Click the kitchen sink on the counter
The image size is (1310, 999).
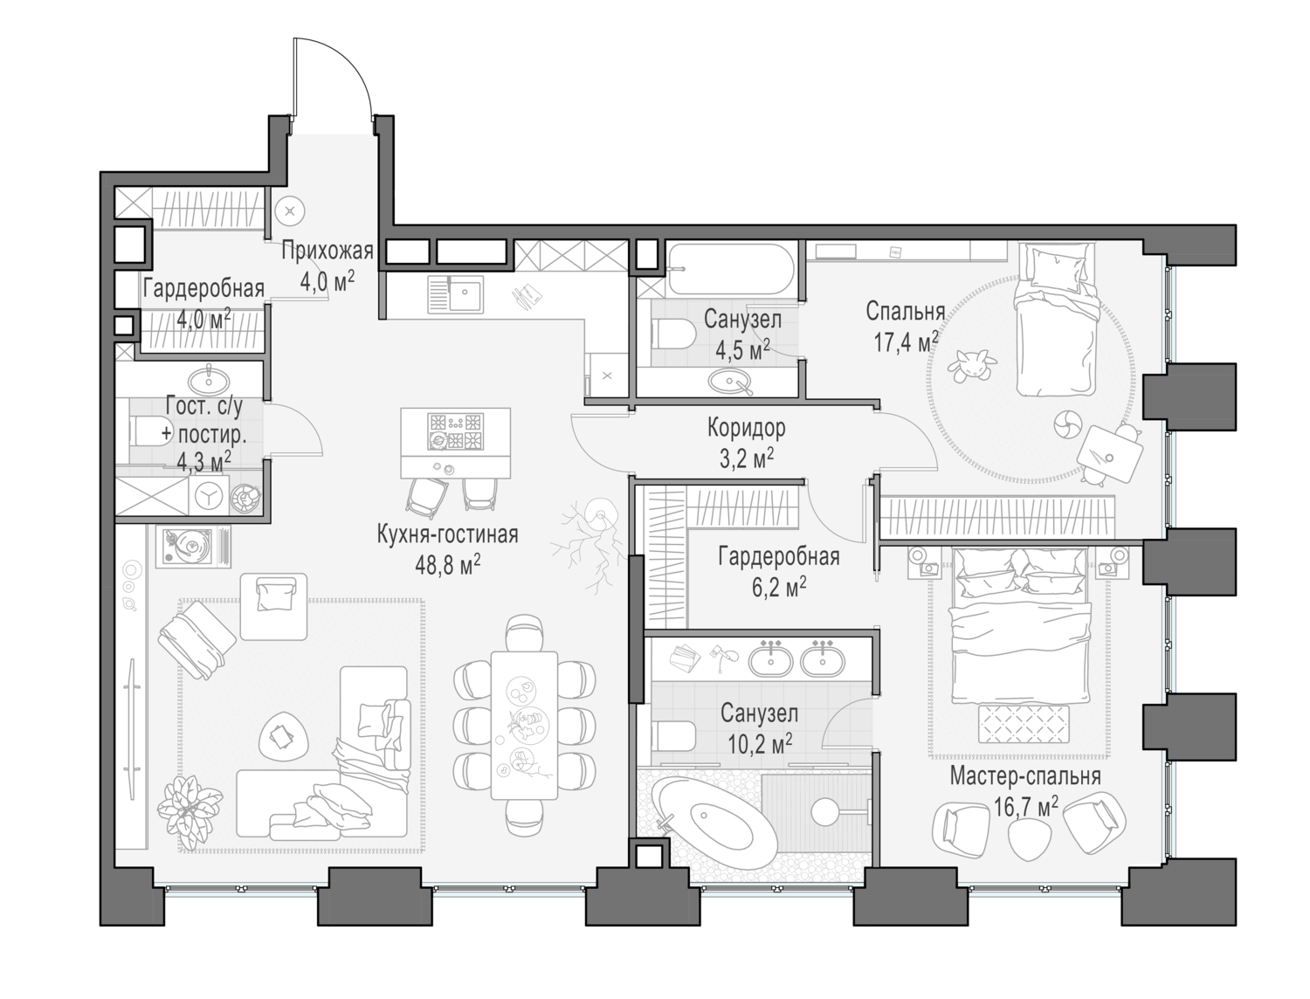(454, 293)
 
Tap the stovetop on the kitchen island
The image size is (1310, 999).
(454, 431)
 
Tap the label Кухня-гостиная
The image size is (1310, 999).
(447, 534)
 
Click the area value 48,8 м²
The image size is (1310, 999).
(447, 566)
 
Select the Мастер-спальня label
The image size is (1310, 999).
(1024, 776)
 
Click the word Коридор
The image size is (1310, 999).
(746, 428)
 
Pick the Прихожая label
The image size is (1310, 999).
(327, 252)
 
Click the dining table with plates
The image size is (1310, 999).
(524, 724)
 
